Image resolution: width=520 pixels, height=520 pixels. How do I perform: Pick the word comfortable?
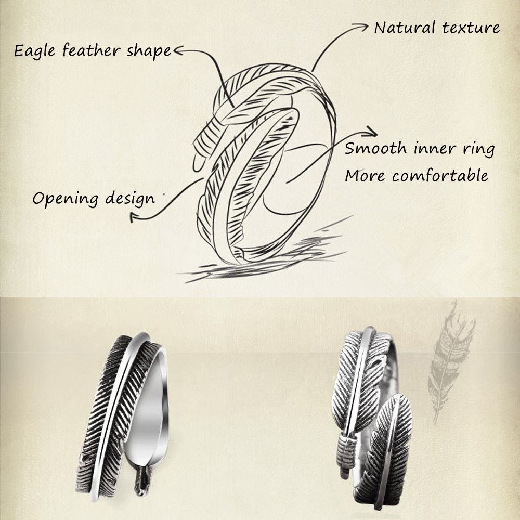click(440, 175)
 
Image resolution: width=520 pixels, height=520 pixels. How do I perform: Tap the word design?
click(128, 198)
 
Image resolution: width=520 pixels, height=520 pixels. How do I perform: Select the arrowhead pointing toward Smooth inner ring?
click(372, 130)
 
